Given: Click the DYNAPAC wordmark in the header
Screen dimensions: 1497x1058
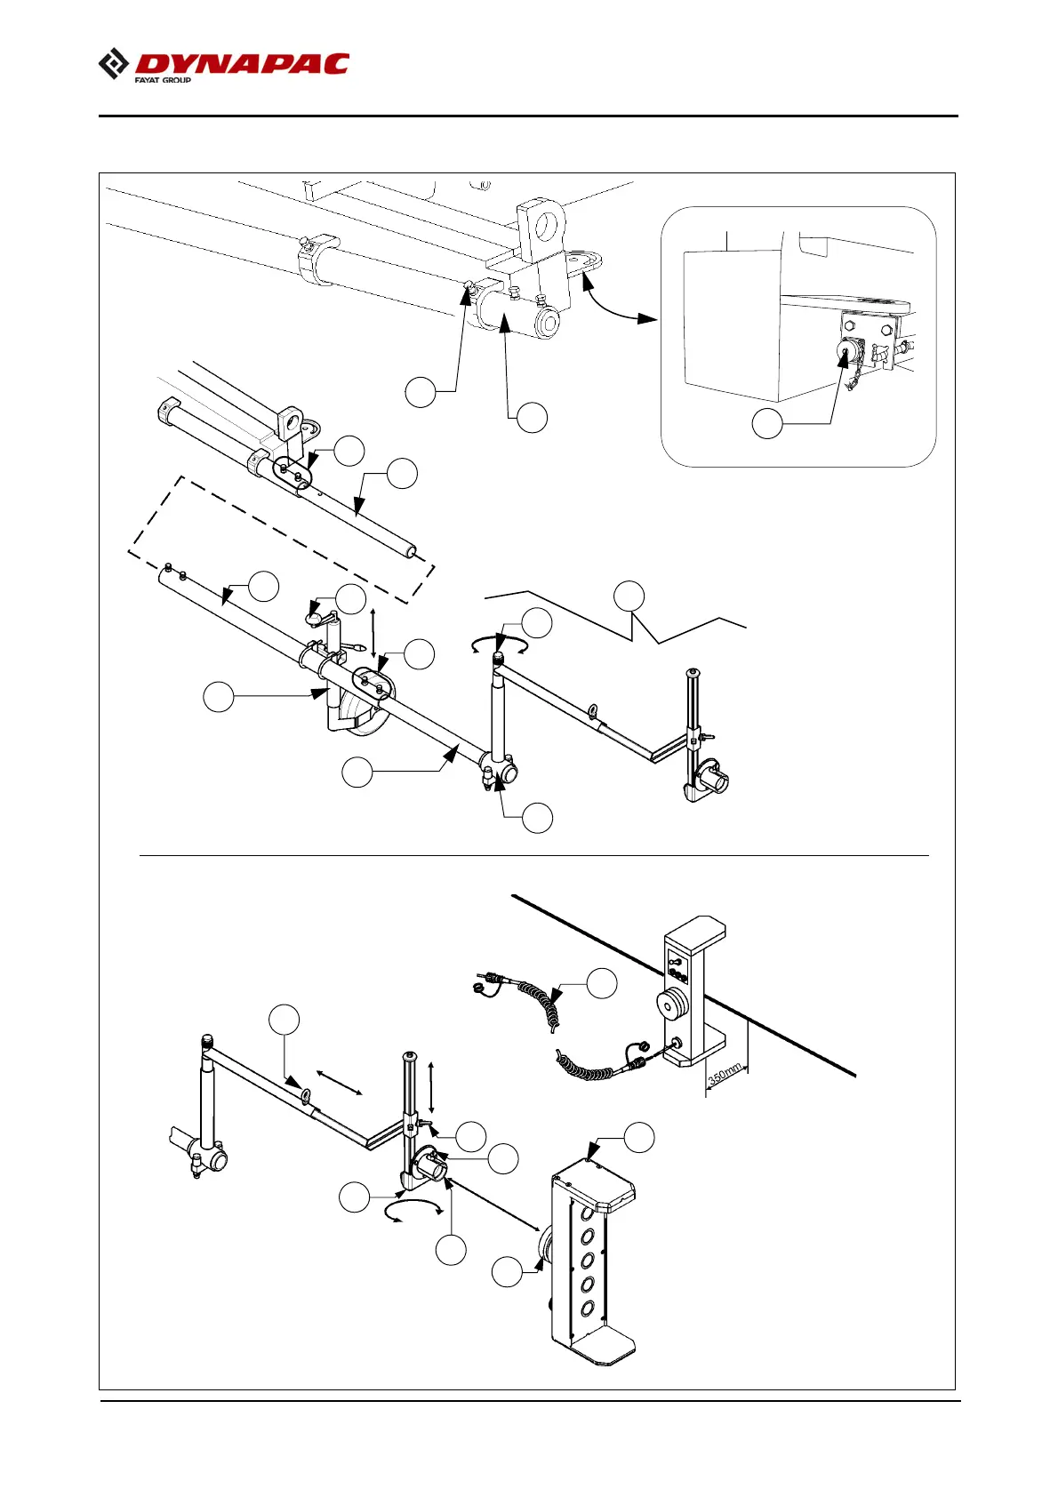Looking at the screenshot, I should point(242,64).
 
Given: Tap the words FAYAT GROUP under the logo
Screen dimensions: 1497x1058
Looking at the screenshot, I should point(163,80).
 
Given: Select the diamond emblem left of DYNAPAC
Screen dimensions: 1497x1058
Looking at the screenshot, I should point(113,65).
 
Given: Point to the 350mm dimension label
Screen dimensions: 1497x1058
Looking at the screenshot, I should point(725,1074).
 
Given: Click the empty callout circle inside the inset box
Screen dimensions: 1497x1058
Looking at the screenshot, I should point(767,424).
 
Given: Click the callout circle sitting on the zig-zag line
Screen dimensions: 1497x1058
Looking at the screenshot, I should point(629,596).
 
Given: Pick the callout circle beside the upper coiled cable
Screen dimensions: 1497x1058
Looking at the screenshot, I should point(602,983).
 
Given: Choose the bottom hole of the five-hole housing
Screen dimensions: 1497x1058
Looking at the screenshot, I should point(588,1309).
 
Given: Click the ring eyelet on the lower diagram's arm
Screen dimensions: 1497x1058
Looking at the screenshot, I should point(306,1093).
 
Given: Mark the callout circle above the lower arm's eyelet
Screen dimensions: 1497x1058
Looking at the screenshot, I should point(285,1020).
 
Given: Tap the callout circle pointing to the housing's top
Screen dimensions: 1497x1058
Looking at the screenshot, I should point(638,1137).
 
